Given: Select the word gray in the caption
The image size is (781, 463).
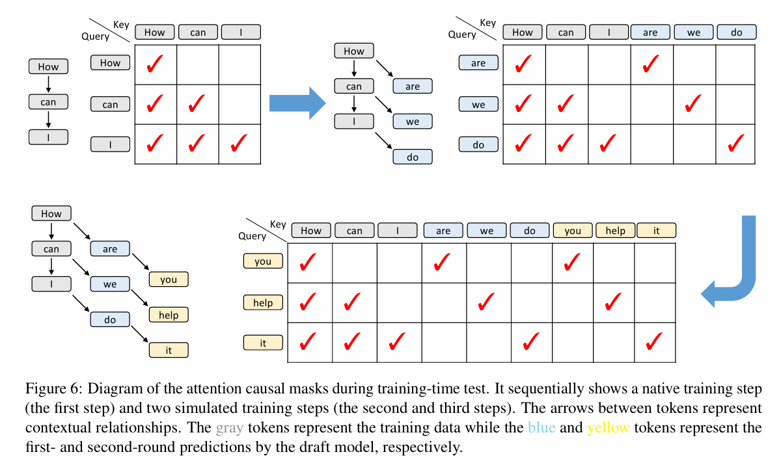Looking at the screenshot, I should pos(230,428).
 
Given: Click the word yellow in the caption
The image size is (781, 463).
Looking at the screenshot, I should pos(608,428).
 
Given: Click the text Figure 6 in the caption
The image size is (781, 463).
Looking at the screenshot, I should pos(53,389).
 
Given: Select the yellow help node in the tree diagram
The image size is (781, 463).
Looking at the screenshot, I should pos(169,315).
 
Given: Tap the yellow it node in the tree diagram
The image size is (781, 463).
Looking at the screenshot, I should pos(169,350).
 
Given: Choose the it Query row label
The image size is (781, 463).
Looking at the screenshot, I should pos(263,343).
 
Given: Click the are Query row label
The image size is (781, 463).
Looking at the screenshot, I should pos(478,63).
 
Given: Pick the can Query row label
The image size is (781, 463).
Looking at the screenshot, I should pos(111,104).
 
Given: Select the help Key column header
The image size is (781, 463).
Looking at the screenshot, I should pos(615,230).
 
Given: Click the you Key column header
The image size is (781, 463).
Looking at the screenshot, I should pos(573,230).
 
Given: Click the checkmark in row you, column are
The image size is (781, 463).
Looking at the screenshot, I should pos(443,262).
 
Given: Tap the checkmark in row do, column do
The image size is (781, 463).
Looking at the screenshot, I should pos(735,144).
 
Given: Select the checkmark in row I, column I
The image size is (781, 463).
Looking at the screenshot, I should pos(239,142).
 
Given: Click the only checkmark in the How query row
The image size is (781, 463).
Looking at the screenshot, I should pos(155,64).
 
